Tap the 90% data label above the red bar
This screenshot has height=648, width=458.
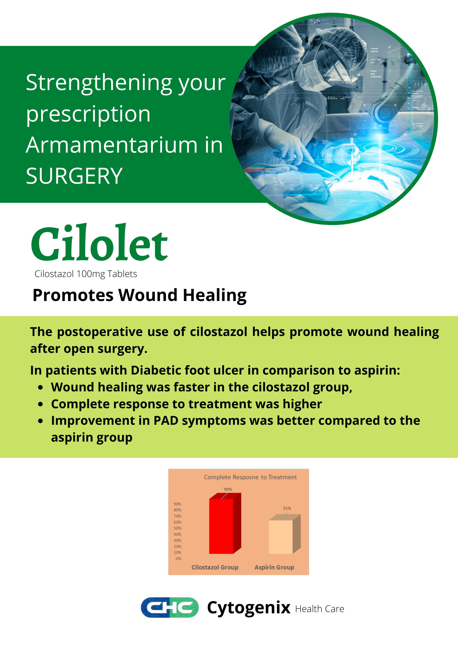(228, 489)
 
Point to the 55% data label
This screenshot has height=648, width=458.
(287, 508)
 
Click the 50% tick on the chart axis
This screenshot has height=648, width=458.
(177, 528)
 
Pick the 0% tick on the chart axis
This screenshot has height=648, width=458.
(178, 559)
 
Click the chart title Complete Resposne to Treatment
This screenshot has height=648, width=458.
(250, 477)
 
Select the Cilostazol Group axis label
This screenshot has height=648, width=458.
(215, 567)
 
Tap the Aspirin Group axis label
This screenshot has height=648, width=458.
(274, 567)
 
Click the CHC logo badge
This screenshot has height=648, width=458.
(170, 607)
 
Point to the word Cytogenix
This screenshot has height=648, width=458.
(249, 608)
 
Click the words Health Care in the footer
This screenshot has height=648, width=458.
(320, 609)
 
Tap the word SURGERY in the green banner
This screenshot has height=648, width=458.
(74, 176)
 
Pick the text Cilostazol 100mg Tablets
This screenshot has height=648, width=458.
(86, 274)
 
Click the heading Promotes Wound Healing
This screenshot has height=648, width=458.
(140, 295)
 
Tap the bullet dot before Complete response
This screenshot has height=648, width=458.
(40, 404)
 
